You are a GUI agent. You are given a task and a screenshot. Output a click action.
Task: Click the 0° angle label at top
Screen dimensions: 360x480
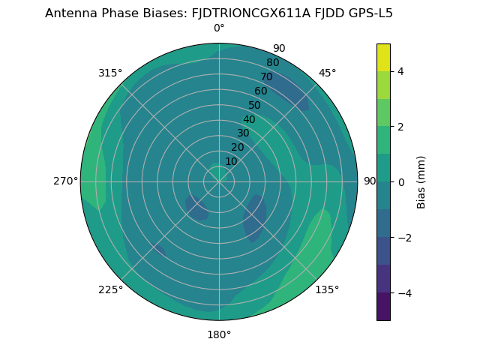click(219, 28)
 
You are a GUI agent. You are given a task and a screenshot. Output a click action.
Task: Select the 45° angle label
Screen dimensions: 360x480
click(327, 73)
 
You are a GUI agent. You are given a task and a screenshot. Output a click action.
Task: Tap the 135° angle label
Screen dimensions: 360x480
click(327, 289)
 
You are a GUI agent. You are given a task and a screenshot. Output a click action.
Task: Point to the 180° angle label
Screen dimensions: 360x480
click(219, 334)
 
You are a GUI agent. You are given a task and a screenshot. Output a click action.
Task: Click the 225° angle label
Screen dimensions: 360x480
click(110, 289)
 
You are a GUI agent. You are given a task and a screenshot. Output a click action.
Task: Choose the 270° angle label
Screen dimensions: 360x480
click(65, 181)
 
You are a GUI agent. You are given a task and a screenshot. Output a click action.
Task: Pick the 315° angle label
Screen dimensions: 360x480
click(110, 73)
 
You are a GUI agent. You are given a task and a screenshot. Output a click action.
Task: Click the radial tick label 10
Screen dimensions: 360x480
click(231, 161)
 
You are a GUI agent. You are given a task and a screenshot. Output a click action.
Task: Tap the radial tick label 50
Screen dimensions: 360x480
click(255, 106)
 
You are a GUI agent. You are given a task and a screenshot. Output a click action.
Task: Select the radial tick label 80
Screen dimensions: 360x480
click(272, 63)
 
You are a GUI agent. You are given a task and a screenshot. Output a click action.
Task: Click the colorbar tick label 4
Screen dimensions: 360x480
click(401, 71)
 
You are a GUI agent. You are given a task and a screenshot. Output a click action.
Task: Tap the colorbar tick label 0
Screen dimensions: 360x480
click(401, 182)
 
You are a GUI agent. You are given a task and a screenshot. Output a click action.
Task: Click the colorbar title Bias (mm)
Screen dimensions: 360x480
click(421, 182)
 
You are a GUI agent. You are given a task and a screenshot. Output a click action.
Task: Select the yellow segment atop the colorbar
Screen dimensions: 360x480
click(383, 57)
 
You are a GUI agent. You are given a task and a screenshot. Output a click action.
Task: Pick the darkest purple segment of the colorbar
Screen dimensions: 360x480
click(383, 306)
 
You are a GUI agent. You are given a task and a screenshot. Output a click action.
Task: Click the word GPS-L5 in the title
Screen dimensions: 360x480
click(368, 13)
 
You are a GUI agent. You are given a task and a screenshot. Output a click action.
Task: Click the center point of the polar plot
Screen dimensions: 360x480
click(219, 181)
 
